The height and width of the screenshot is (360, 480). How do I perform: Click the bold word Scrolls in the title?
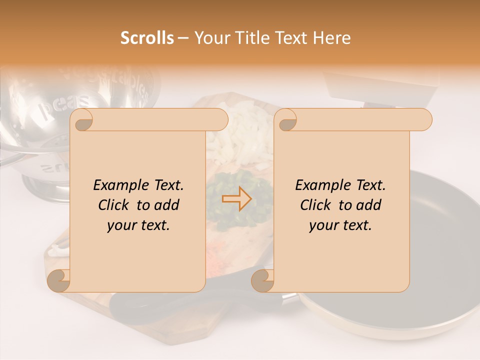pyautogui.click(x=147, y=38)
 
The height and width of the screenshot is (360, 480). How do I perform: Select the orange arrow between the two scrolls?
pyautogui.click(x=237, y=199)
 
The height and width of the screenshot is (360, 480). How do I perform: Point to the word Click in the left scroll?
pyautogui.click(x=116, y=205)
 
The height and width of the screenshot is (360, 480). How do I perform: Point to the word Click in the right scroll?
pyautogui.click(x=318, y=205)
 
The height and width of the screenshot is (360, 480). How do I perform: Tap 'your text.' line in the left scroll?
pyautogui.click(x=138, y=225)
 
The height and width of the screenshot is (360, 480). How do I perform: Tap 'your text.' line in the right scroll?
pyautogui.click(x=340, y=225)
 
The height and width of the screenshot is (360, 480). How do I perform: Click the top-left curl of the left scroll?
pyautogui.click(x=82, y=120)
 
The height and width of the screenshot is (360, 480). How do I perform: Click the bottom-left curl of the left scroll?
pyautogui.click(x=58, y=281)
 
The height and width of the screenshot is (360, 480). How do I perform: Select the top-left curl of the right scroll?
pyautogui.click(x=286, y=120)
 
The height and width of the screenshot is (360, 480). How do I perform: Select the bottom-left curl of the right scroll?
pyautogui.click(x=262, y=281)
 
